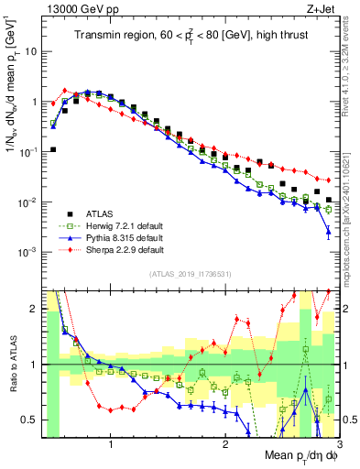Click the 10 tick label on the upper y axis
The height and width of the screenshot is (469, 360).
pos(29,51)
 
